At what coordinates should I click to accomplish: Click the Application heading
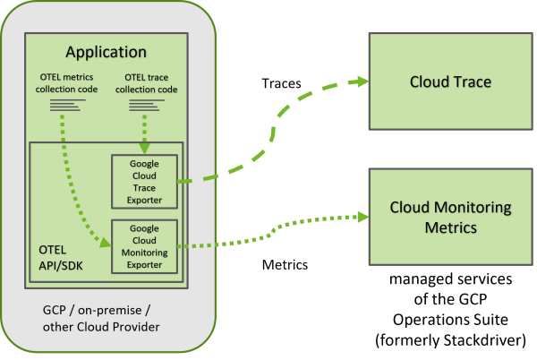coord(105,53)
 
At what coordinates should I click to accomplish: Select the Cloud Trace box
coord(450,82)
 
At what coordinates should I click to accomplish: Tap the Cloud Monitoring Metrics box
coord(450,218)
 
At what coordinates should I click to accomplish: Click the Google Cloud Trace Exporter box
coord(144,182)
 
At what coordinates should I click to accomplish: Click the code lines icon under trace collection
coord(144,106)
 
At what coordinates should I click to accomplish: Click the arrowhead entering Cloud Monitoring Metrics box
coord(362,217)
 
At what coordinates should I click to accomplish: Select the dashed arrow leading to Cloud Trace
coord(268,134)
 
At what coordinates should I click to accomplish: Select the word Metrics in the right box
coord(450,227)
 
